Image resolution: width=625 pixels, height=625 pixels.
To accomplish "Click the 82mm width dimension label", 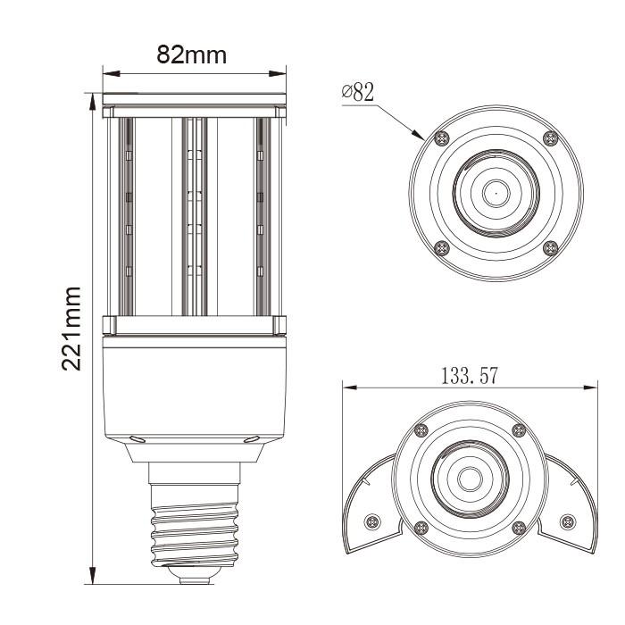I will pyautogui.click(x=193, y=54).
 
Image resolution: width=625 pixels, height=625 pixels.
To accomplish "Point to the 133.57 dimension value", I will pyautogui.click(x=470, y=375).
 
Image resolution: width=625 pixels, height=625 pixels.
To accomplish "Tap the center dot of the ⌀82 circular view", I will pyautogui.click(x=495, y=191).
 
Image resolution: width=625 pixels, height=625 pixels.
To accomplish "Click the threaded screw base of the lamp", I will pyautogui.click(x=193, y=531).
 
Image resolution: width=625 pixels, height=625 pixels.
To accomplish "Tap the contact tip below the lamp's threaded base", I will pyautogui.click(x=193, y=578).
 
